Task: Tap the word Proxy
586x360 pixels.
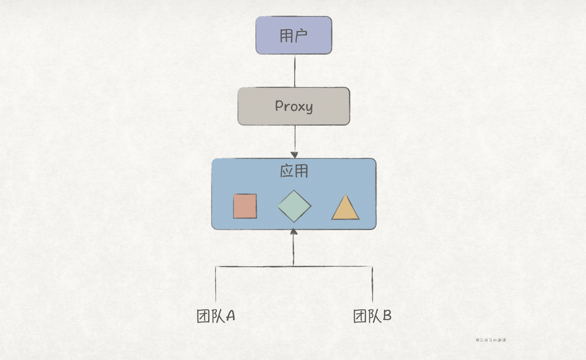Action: [294, 106]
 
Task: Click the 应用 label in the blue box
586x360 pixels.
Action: [294, 171]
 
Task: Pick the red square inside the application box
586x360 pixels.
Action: [245, 206]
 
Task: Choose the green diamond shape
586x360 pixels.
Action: [294, 206]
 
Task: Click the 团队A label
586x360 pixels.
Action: [216, 316]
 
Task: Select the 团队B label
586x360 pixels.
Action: [372, 316]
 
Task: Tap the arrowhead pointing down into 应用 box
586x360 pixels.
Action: [294, 155]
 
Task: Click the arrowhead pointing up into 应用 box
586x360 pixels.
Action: [294, 232]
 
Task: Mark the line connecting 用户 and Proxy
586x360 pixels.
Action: [295, 70]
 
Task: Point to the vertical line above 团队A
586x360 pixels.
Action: [216, 284]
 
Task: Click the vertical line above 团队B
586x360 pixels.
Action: [373, 284]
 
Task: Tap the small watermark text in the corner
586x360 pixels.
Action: [491, 340]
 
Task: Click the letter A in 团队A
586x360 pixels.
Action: [230, 316]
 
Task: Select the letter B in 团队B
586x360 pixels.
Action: [387, 316]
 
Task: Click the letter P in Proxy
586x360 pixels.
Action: [279, 105]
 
